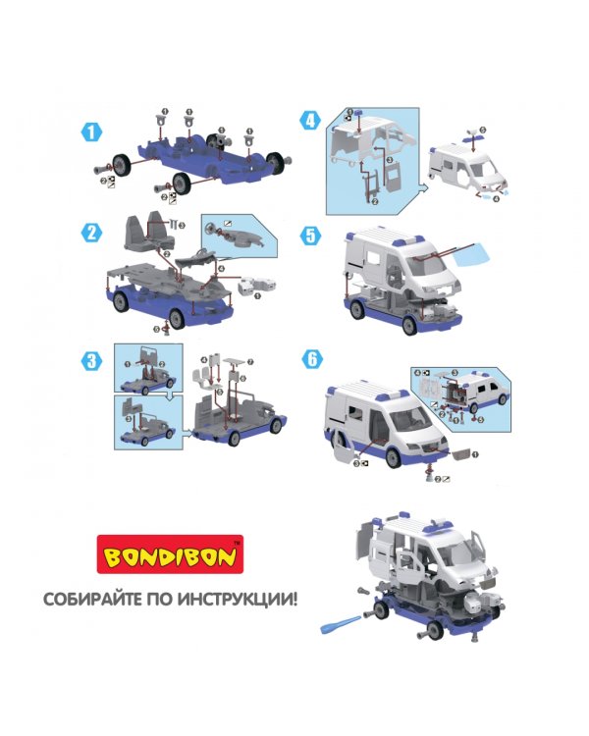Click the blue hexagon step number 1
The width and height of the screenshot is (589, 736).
(91, 131)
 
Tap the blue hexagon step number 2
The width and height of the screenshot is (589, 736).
(91, 233)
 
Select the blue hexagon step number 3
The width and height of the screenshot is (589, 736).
(91, 360)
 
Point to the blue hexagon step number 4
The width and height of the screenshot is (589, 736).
(310, 121)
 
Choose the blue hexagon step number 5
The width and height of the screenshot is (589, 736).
(310, 236)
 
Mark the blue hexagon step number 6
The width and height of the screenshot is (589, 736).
(312, 359)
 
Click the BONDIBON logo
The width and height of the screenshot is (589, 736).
(170, 554)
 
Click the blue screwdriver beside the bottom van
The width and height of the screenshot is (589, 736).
(341, 623)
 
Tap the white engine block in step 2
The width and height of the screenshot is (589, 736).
(256, 286)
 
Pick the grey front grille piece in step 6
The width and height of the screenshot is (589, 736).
(461, 453)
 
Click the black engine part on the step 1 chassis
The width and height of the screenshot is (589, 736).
(218, 139)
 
